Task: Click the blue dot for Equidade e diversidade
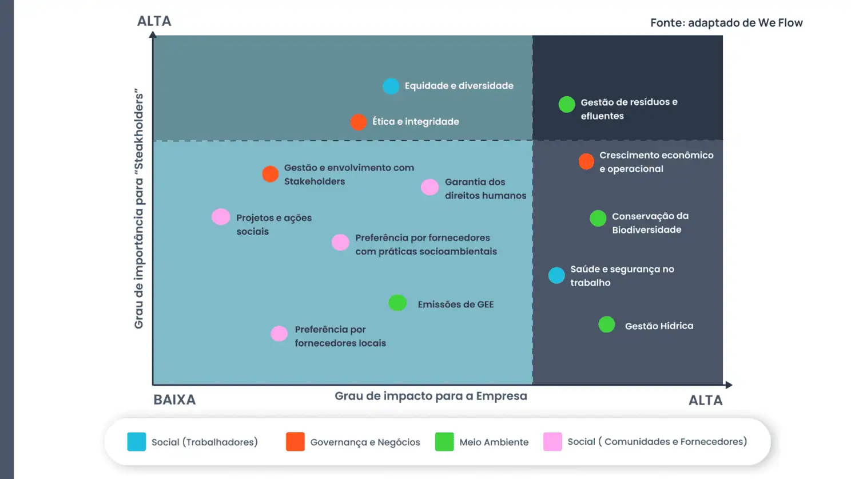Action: click(391, 86)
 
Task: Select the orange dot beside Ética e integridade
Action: click(358, 122)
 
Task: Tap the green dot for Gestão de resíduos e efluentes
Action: click(567, 105)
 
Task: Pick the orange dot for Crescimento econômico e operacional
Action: click(586, 161)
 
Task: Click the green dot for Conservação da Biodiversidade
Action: click(598, 218)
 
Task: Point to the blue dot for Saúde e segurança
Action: click(556, 275)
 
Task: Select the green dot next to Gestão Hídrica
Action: click(607, 324)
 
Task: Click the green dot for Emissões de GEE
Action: click(397, 303)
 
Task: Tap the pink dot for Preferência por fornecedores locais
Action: click(279, 334)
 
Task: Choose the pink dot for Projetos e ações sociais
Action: click(221, 217)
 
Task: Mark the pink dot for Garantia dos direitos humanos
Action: click(430, 187)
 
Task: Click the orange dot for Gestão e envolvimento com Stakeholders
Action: click(270, 174)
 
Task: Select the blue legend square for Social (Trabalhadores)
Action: click(137, 442)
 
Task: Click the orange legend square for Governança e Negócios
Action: click(295, 442)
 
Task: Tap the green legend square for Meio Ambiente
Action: click(444, 442)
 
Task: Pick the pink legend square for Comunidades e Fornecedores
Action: click(552, 442)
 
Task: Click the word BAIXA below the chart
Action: click(175, 400)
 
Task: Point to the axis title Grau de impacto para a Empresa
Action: click(431, 396)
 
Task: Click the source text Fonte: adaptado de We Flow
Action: click(726, 23)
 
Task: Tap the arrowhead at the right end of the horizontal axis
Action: click(729, 385)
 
